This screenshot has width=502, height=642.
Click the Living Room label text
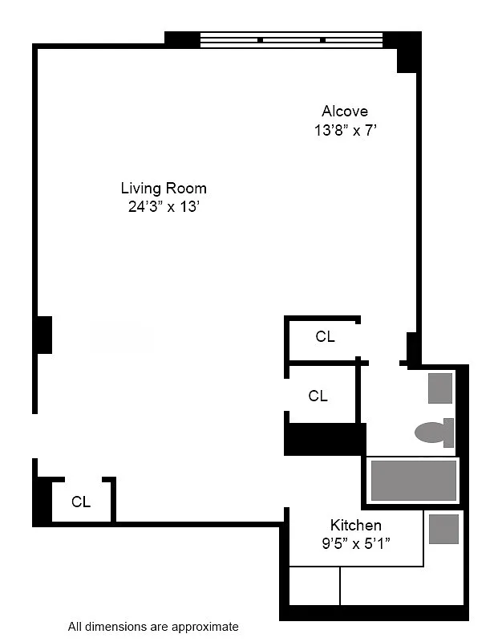[164, 189]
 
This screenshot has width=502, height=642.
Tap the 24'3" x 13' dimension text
[164, 206]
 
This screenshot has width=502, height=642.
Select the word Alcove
[345, 111]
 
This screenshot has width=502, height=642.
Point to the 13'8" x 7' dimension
[345, 129]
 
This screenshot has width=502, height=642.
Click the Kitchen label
[356, 525]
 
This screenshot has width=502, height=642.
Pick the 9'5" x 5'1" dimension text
[356, 542]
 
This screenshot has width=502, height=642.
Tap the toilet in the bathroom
[431, 433]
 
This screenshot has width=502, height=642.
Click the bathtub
[414, 481]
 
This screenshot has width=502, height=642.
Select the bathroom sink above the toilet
[440, 388]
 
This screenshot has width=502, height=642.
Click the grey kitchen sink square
[443, 529]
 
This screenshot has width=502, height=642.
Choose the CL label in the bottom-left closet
[81, 502]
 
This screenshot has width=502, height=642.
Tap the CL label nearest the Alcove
[325, 337]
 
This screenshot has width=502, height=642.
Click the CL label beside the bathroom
[318, 396]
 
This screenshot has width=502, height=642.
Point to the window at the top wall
[291, 39]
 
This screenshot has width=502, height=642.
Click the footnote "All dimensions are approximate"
[153, 626]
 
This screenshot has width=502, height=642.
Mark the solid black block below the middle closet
[325, 439]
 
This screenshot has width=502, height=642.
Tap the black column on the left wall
[43, 335]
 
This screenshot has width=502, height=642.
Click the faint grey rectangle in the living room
[122, 337]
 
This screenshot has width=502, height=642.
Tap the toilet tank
[449, 433]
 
